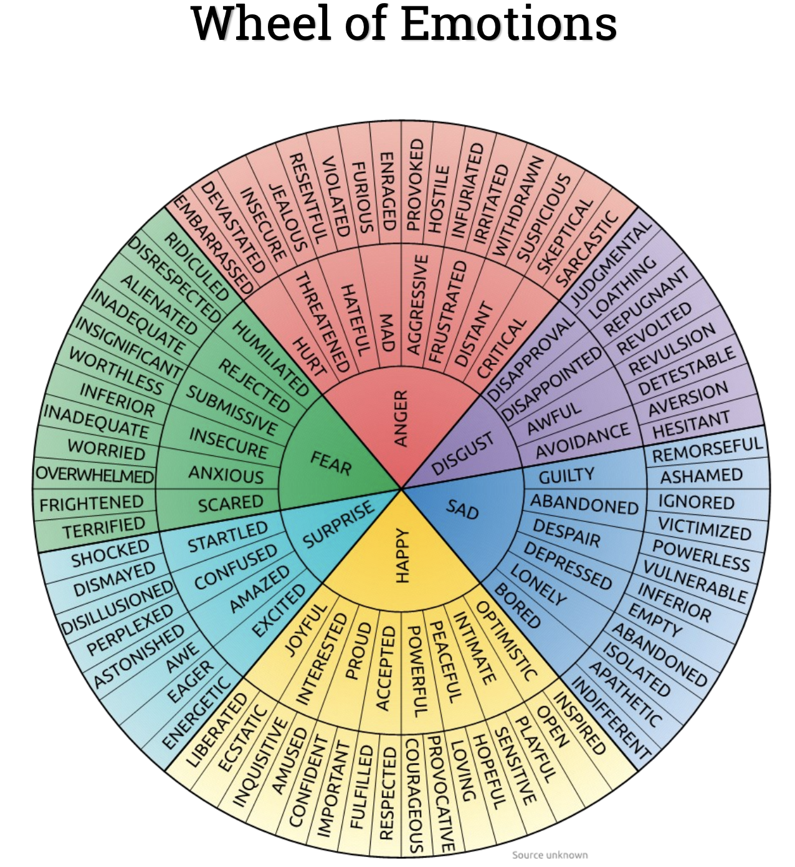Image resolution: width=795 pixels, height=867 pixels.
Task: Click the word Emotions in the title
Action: click(508, 25)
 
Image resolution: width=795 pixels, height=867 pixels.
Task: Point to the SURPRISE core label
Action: click(338, 525)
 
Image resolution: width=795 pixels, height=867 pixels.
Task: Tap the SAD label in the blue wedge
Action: click(462, 510)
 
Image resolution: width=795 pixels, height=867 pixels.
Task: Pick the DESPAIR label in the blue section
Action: click(566, 534)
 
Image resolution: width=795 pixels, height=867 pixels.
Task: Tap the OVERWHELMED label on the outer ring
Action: click(95, 475)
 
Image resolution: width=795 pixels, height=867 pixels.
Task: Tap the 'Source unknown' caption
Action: click(550, 855)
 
